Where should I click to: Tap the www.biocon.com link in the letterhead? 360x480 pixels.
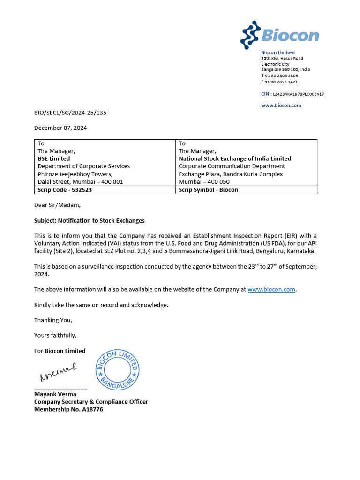coord(281,105)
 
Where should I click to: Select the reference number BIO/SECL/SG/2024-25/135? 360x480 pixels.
coord(74,112)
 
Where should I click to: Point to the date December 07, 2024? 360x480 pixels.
coord(60,127)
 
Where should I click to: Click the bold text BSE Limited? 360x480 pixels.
coord(54,158)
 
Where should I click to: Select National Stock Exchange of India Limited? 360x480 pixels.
coord(235,158)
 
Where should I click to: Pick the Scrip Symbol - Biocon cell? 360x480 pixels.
coord(208,190)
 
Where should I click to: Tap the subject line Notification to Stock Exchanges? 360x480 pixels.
coord(90,220)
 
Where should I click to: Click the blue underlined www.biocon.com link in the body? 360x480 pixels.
coord(271,289)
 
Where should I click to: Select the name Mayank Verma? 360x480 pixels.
coord(55,394)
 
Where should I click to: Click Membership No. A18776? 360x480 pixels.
coord(68,409)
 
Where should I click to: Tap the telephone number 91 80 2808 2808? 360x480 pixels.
coord(281,75)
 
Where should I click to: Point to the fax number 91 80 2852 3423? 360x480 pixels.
coord(281,82)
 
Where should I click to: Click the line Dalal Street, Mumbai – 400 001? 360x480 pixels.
coord(80,181)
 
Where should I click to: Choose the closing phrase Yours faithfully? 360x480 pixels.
coord(55,335)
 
